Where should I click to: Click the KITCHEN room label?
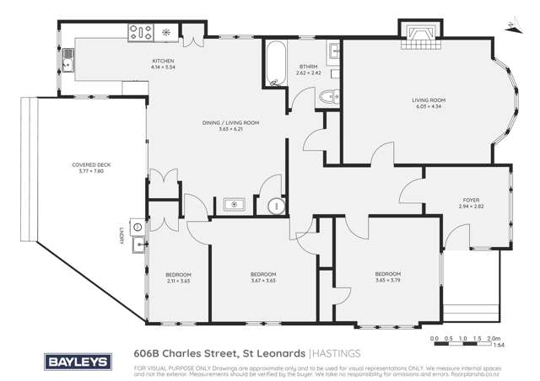(x=162, y=65)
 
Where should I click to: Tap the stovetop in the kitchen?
(x=139, y=33)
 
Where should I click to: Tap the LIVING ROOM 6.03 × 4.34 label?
(x=427, y=103)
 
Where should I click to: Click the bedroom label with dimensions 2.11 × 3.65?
(x=178, y=278)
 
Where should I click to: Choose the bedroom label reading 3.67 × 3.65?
(x=263, y=278)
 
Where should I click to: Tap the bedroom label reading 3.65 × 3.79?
(x=388, y=277)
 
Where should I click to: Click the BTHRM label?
(x=307, y=68)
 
